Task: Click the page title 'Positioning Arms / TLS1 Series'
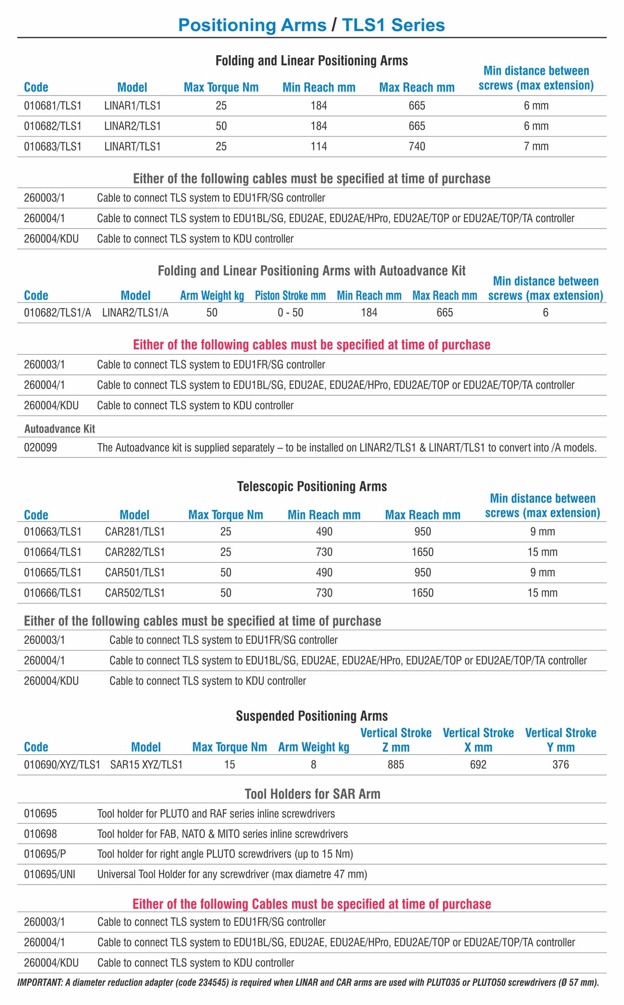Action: click(x=312, y=25)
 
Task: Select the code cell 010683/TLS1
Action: click(x=53, y=147)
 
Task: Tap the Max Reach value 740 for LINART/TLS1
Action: click(x=417, y=147)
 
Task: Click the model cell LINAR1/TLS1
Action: click(x=133, y=106)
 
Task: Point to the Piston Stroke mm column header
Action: click(x=290, y=296)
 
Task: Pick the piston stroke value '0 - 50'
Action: click(x=291, y=313)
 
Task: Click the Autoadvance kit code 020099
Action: click(x=40, y=447)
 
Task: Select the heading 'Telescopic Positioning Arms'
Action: click(x=312, y=486)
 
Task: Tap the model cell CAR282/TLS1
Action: click(x=135, y=552)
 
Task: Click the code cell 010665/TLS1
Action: click(x=53, y=573)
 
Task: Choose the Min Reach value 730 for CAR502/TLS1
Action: click(x=324, y=593)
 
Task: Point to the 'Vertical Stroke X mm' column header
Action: click(x=478, y=740)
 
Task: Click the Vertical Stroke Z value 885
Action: click(x=396, y=765)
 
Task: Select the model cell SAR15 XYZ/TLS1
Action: click(x=146, y=765)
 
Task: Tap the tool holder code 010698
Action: click(x=40, y=834)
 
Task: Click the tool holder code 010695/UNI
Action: click(x=50, y=874)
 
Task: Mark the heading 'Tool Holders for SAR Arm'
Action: click(x=312, y=794)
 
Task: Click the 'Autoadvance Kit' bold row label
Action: click(x=59, y=429)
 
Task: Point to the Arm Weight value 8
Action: click(x=313, y=765)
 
